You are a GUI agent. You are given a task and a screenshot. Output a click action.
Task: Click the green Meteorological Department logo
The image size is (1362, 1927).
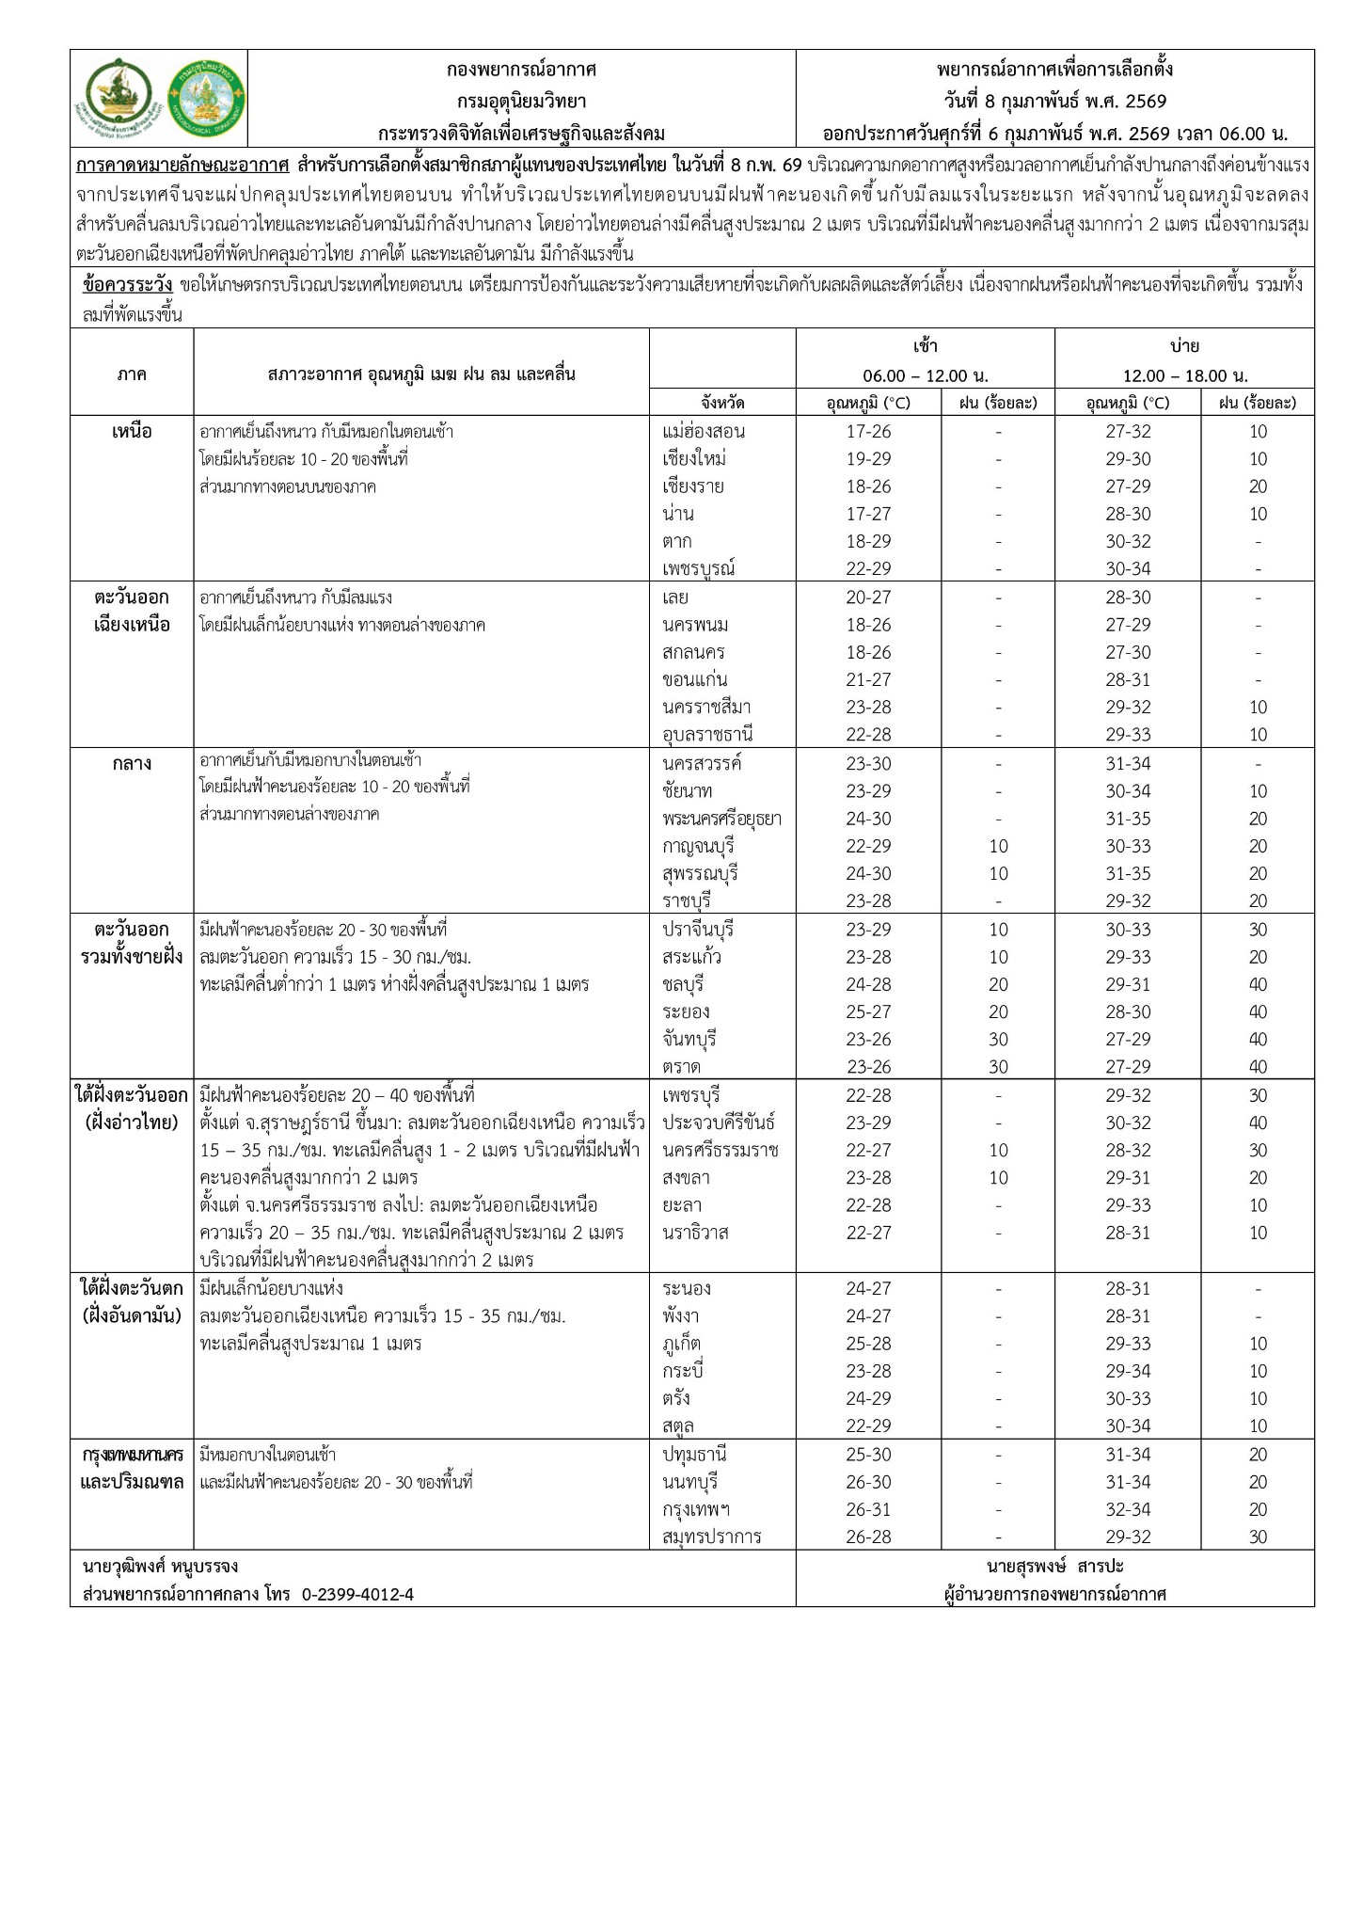[x=206, y=98]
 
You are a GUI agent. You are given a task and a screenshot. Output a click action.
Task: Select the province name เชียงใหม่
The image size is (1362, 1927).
[x=693, y=459]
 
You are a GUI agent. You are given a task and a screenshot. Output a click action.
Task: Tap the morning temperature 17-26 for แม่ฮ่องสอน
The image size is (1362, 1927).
[x=867, y=432]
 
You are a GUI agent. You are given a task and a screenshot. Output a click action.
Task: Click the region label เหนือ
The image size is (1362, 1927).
[x=132, y=432]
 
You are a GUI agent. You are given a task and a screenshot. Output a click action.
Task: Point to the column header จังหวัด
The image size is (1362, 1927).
[x=722, y=403]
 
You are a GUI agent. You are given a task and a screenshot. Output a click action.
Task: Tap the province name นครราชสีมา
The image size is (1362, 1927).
[x=706, y=707]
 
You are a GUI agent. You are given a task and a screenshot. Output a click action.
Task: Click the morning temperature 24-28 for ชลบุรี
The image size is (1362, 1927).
[x=867, y=985]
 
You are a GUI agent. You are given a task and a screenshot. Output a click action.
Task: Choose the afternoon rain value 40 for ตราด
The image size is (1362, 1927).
[x=1258, y=1067]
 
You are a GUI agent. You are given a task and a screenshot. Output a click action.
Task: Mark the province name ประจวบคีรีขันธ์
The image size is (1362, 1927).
[x=719, y=1123]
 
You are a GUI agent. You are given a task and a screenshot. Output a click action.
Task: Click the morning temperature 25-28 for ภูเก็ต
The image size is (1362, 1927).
[x=867, y=1344]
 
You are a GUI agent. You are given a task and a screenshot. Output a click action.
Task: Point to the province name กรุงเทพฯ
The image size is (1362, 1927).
[x=697, y=1510]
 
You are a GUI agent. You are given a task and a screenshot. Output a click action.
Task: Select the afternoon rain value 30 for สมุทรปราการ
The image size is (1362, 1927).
[x=1258, y=1537]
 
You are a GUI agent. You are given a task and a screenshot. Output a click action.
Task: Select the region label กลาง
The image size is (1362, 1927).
[x=132, y=764]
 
